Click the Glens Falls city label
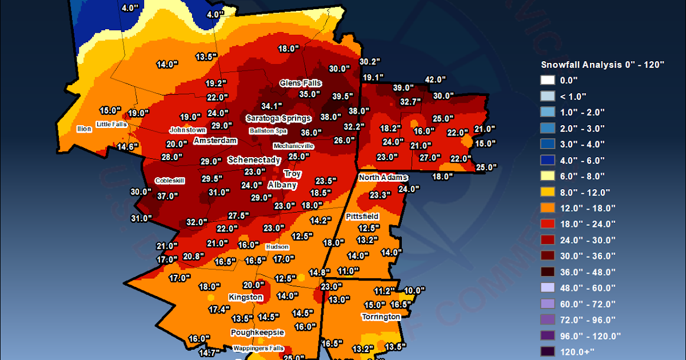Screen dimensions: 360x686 click(301, 83)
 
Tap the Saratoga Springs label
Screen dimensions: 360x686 click(278, 118)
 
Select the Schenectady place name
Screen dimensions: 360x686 click(254, 160)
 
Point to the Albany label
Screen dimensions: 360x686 click(282, 185)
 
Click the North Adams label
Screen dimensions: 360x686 click(383, 178)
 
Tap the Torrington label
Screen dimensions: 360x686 click(381, 317)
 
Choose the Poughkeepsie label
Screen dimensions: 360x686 click(257, 332)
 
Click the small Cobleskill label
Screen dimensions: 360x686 click(170, 181)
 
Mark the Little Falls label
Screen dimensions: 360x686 click(112, 124)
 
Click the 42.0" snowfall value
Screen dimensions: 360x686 click(435, 79)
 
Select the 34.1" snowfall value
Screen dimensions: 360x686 click(272, 106)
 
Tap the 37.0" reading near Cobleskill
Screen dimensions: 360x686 click(168, 196)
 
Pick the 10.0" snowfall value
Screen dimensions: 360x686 click(415, 290)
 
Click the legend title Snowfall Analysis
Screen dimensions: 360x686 click(602, 65)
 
